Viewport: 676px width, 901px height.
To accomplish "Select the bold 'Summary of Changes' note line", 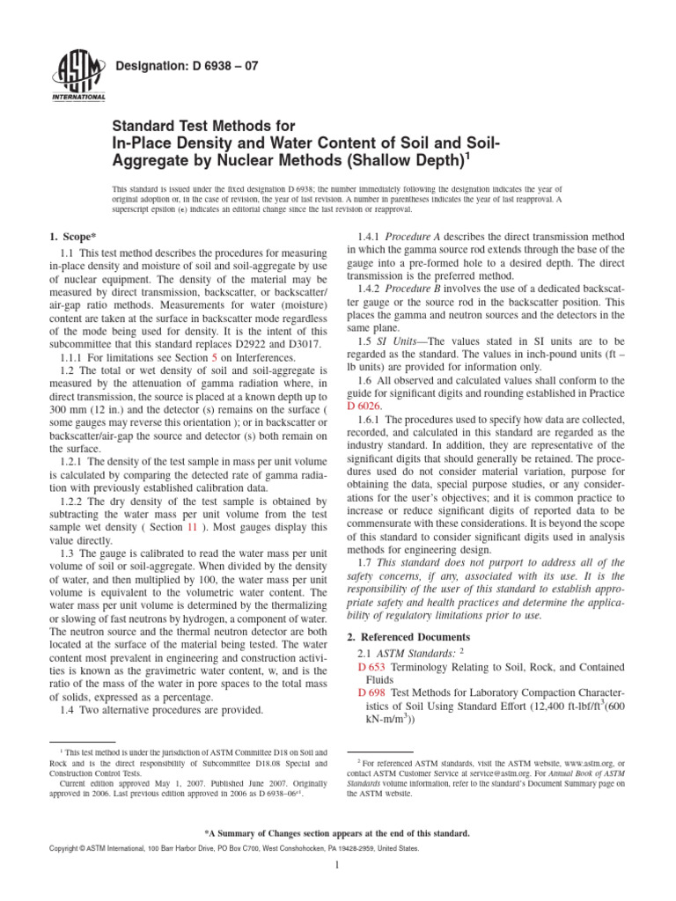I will click(337, 832).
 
